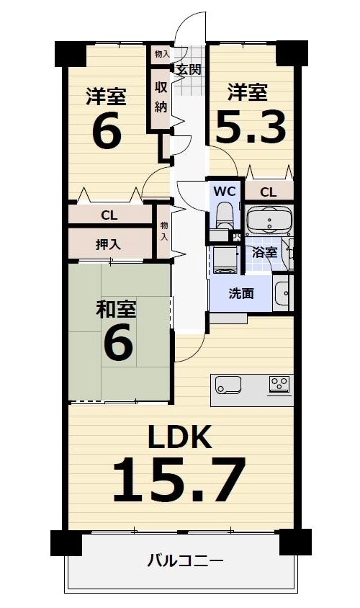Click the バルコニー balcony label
pos(185,560)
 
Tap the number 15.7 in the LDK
pos(179,480)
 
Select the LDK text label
pos(180,437)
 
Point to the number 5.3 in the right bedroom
pos(251,127)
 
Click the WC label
pos(225,191)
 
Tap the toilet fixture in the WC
pos(225,216)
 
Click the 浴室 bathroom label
pos(265,252)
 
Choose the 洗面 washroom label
pos(241,293)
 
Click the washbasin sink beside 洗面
pos(282,292)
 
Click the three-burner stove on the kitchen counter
pos(280,385)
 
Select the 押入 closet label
pos(109,244)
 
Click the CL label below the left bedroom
pos(109,215)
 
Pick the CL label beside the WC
pos(268,192)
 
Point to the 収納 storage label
pos(161,97)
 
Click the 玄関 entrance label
pos(189,70)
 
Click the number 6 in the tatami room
pos(119,341)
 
